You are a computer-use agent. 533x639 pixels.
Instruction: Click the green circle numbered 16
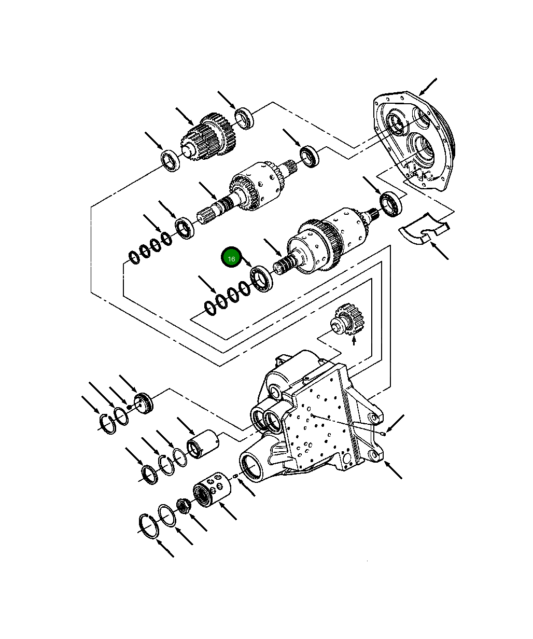click(231, 258)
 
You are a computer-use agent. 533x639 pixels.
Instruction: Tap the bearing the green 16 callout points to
click(262, 279)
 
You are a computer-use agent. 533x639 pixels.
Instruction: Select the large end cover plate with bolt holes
click(414, 141)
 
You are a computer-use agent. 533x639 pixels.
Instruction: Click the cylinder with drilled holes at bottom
click(212, 489)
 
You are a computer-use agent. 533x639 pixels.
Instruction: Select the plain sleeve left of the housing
click(203, 444)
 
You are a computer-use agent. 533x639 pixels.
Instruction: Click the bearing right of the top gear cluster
click(244, 118)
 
